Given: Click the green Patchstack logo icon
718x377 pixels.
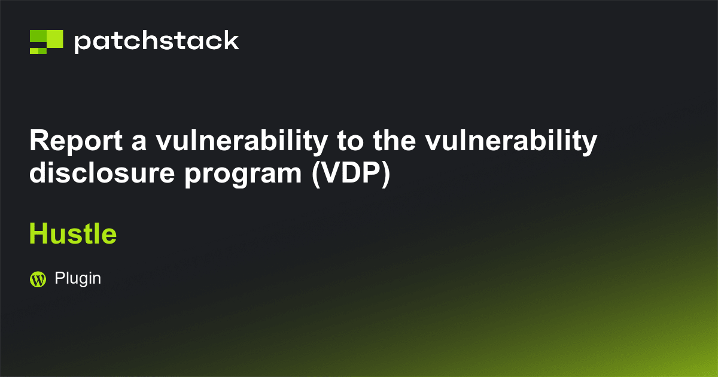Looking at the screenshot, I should point(46,41).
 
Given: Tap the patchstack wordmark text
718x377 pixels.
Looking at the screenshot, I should point(156,41).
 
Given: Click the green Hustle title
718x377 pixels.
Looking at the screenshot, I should point(72,233).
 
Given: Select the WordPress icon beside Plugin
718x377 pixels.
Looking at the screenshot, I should point(38,279).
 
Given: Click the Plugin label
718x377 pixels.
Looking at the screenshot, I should point(78,278).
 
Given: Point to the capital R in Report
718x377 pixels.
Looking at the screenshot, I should point(38,142).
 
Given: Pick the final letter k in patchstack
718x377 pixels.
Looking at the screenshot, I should point(232,41).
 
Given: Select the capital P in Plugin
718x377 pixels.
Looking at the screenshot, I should point(59,278).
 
